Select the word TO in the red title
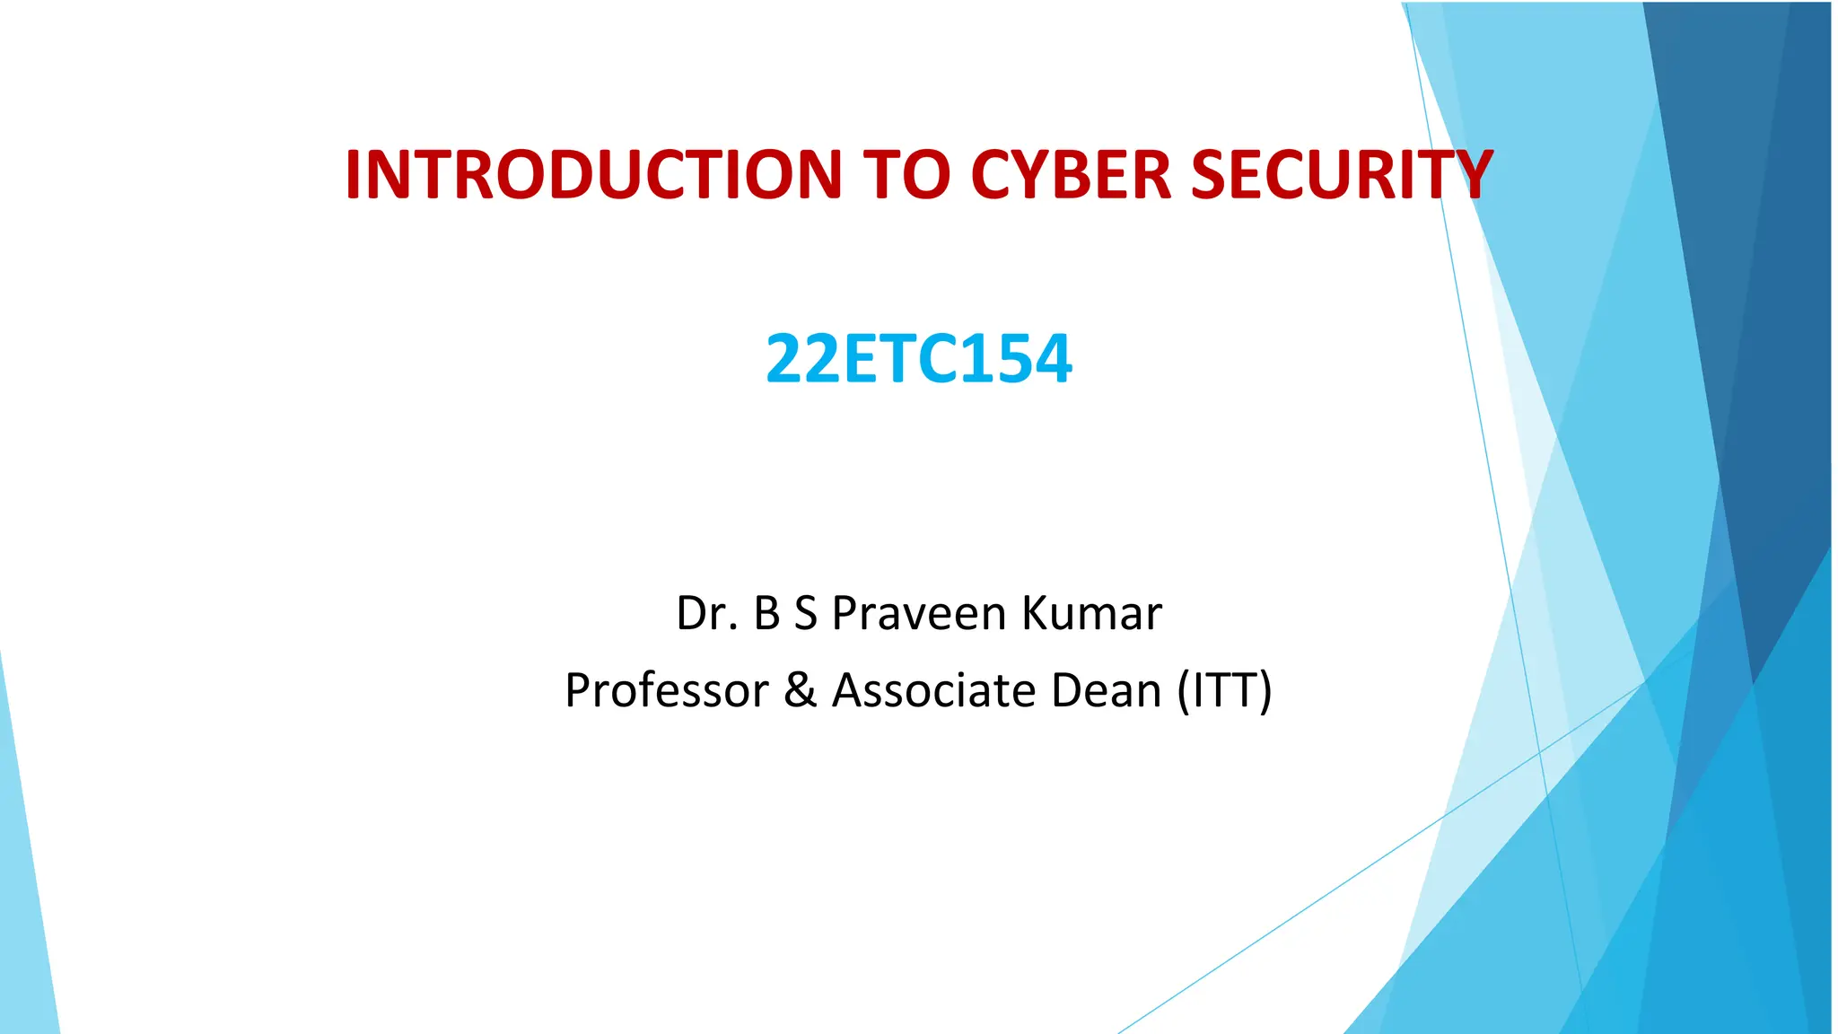(x=906, y=174)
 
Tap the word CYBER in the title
(x=1072, y=174)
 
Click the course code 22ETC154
(x=918, y=359)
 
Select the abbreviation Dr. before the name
(x=707, y=614)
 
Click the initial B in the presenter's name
(x=766, y=614)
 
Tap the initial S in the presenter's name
(x=805, y=614)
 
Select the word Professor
(x=667, y=691)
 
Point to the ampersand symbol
(x=801, y=691)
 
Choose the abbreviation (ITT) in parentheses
(x=1224, y=691)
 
